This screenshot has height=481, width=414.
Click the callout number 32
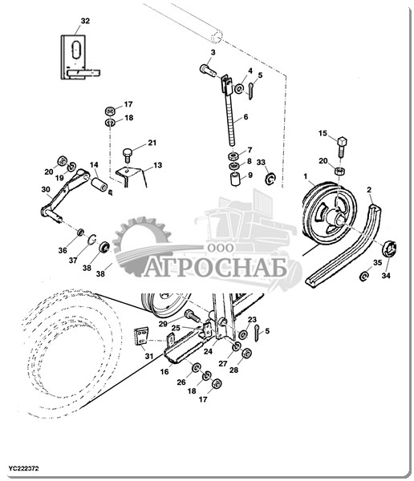coord(85,21)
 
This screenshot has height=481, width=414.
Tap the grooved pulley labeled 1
coord(330,214)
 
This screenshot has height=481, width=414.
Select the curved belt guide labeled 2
coord(344,246)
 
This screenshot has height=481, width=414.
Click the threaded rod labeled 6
coord(230,119)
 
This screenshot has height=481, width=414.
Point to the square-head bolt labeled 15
coord(342,147)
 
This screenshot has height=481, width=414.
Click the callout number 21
coord(152,143)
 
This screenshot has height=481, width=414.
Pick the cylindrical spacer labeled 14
coord(99,184)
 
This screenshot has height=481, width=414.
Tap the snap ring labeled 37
coord(92,239)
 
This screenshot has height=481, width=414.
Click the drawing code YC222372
coord(23,469)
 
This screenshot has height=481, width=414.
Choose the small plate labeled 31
coord(141,336)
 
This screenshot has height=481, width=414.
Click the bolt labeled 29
coord(193,315)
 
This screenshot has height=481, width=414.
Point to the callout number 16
coord(164,371)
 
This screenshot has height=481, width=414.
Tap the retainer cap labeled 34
coord(389,249)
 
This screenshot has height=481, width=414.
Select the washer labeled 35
coord(364,276)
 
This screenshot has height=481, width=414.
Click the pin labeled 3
coord(209,70)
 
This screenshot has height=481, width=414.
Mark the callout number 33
coord(261,162)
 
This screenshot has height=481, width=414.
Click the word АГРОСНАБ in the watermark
coord(215,267)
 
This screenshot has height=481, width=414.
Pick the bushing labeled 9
coord(236,180)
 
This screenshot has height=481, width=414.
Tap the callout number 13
coord(157,165)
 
